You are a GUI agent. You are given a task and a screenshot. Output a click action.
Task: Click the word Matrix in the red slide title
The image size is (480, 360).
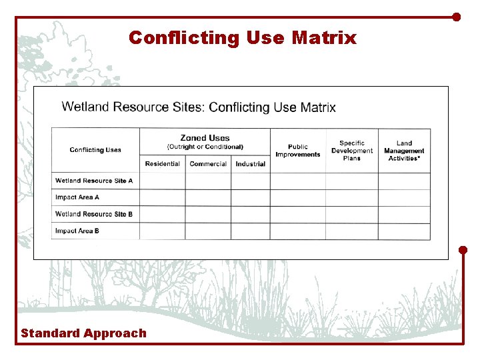[323, 37]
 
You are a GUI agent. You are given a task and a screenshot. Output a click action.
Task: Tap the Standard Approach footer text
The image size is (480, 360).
[83, 333]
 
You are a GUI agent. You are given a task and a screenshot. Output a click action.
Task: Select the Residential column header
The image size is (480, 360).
[162, 164]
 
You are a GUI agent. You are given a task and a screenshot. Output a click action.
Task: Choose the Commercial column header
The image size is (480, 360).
[208, 164]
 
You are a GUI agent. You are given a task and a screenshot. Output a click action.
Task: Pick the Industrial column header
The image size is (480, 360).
[251, 164]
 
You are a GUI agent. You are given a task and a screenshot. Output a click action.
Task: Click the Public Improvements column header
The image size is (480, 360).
[298, 151]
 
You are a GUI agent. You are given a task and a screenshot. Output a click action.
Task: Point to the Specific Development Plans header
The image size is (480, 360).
[352, 151]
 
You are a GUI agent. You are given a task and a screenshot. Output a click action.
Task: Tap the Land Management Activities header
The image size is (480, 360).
[404, 151]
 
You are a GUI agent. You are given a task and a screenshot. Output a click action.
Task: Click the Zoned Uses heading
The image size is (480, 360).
[205, 139]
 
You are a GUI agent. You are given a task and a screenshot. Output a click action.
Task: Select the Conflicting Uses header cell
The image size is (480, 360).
[95, 150]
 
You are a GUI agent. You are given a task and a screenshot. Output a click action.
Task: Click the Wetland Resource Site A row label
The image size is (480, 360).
[94, 181]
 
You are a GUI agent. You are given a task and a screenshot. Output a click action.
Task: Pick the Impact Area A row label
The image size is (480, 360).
[77, 197]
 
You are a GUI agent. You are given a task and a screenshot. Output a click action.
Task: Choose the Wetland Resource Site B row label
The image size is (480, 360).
[94, 214]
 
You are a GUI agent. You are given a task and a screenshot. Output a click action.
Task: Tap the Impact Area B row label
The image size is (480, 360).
[77, 231]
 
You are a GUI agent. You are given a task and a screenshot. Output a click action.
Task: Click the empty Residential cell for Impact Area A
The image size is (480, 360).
[162, 197]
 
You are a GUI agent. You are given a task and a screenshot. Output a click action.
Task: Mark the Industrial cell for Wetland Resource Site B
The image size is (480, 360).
[251, 214]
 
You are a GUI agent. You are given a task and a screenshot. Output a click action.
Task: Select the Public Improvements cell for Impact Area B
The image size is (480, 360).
[298, 231]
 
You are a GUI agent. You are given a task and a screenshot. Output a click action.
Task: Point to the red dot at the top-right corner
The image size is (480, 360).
[457, 17]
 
